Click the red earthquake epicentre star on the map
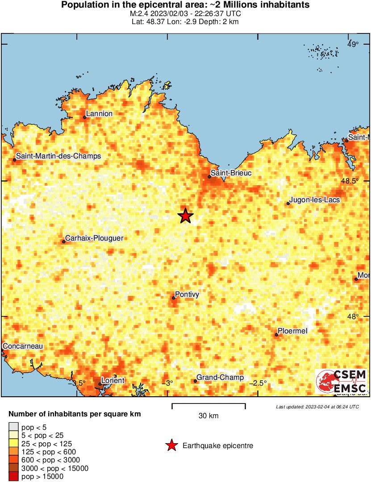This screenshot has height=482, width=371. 185,216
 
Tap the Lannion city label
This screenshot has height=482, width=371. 99,114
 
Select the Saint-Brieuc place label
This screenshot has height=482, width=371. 231,173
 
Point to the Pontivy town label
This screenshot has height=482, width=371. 187,295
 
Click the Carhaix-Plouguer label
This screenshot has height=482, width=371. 94,238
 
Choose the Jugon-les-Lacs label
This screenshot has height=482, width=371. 315,200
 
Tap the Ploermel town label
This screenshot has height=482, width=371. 293,331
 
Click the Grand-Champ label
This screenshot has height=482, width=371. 220,378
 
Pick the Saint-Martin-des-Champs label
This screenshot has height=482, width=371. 58,156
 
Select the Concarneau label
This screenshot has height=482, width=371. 23,346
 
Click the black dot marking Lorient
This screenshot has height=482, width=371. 100,384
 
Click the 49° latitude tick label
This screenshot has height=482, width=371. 353,44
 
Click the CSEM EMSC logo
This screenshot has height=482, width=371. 341,382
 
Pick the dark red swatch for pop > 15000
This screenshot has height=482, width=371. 13,476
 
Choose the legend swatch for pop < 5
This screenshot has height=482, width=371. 13,428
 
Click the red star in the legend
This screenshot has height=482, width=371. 171,445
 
